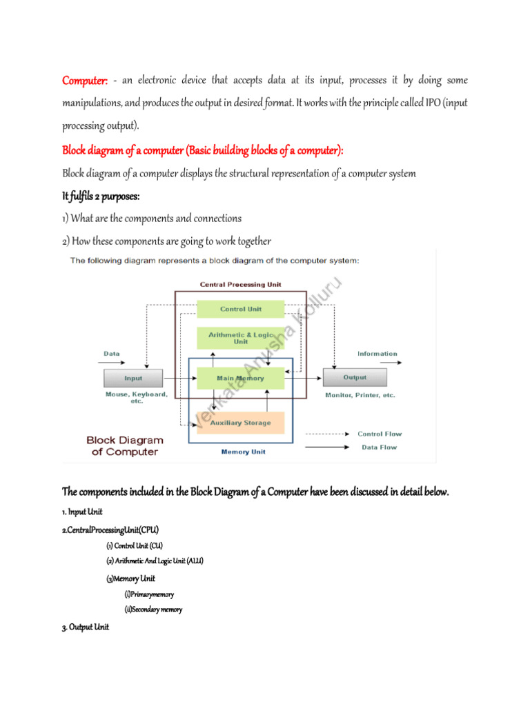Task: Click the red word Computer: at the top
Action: [85, 81]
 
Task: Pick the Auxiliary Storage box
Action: [239, 422]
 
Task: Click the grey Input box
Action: [133, 378]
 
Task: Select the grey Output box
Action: [355, 378]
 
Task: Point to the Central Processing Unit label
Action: [240, 284]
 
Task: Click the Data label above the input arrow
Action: [111, 354]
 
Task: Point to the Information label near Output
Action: [377, 354]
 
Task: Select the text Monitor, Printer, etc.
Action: [360, 396]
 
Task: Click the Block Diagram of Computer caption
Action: [125, 446]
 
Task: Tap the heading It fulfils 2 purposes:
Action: [101, 196]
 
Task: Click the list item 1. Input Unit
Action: [83, 512]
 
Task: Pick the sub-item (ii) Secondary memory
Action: [153, 609]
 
